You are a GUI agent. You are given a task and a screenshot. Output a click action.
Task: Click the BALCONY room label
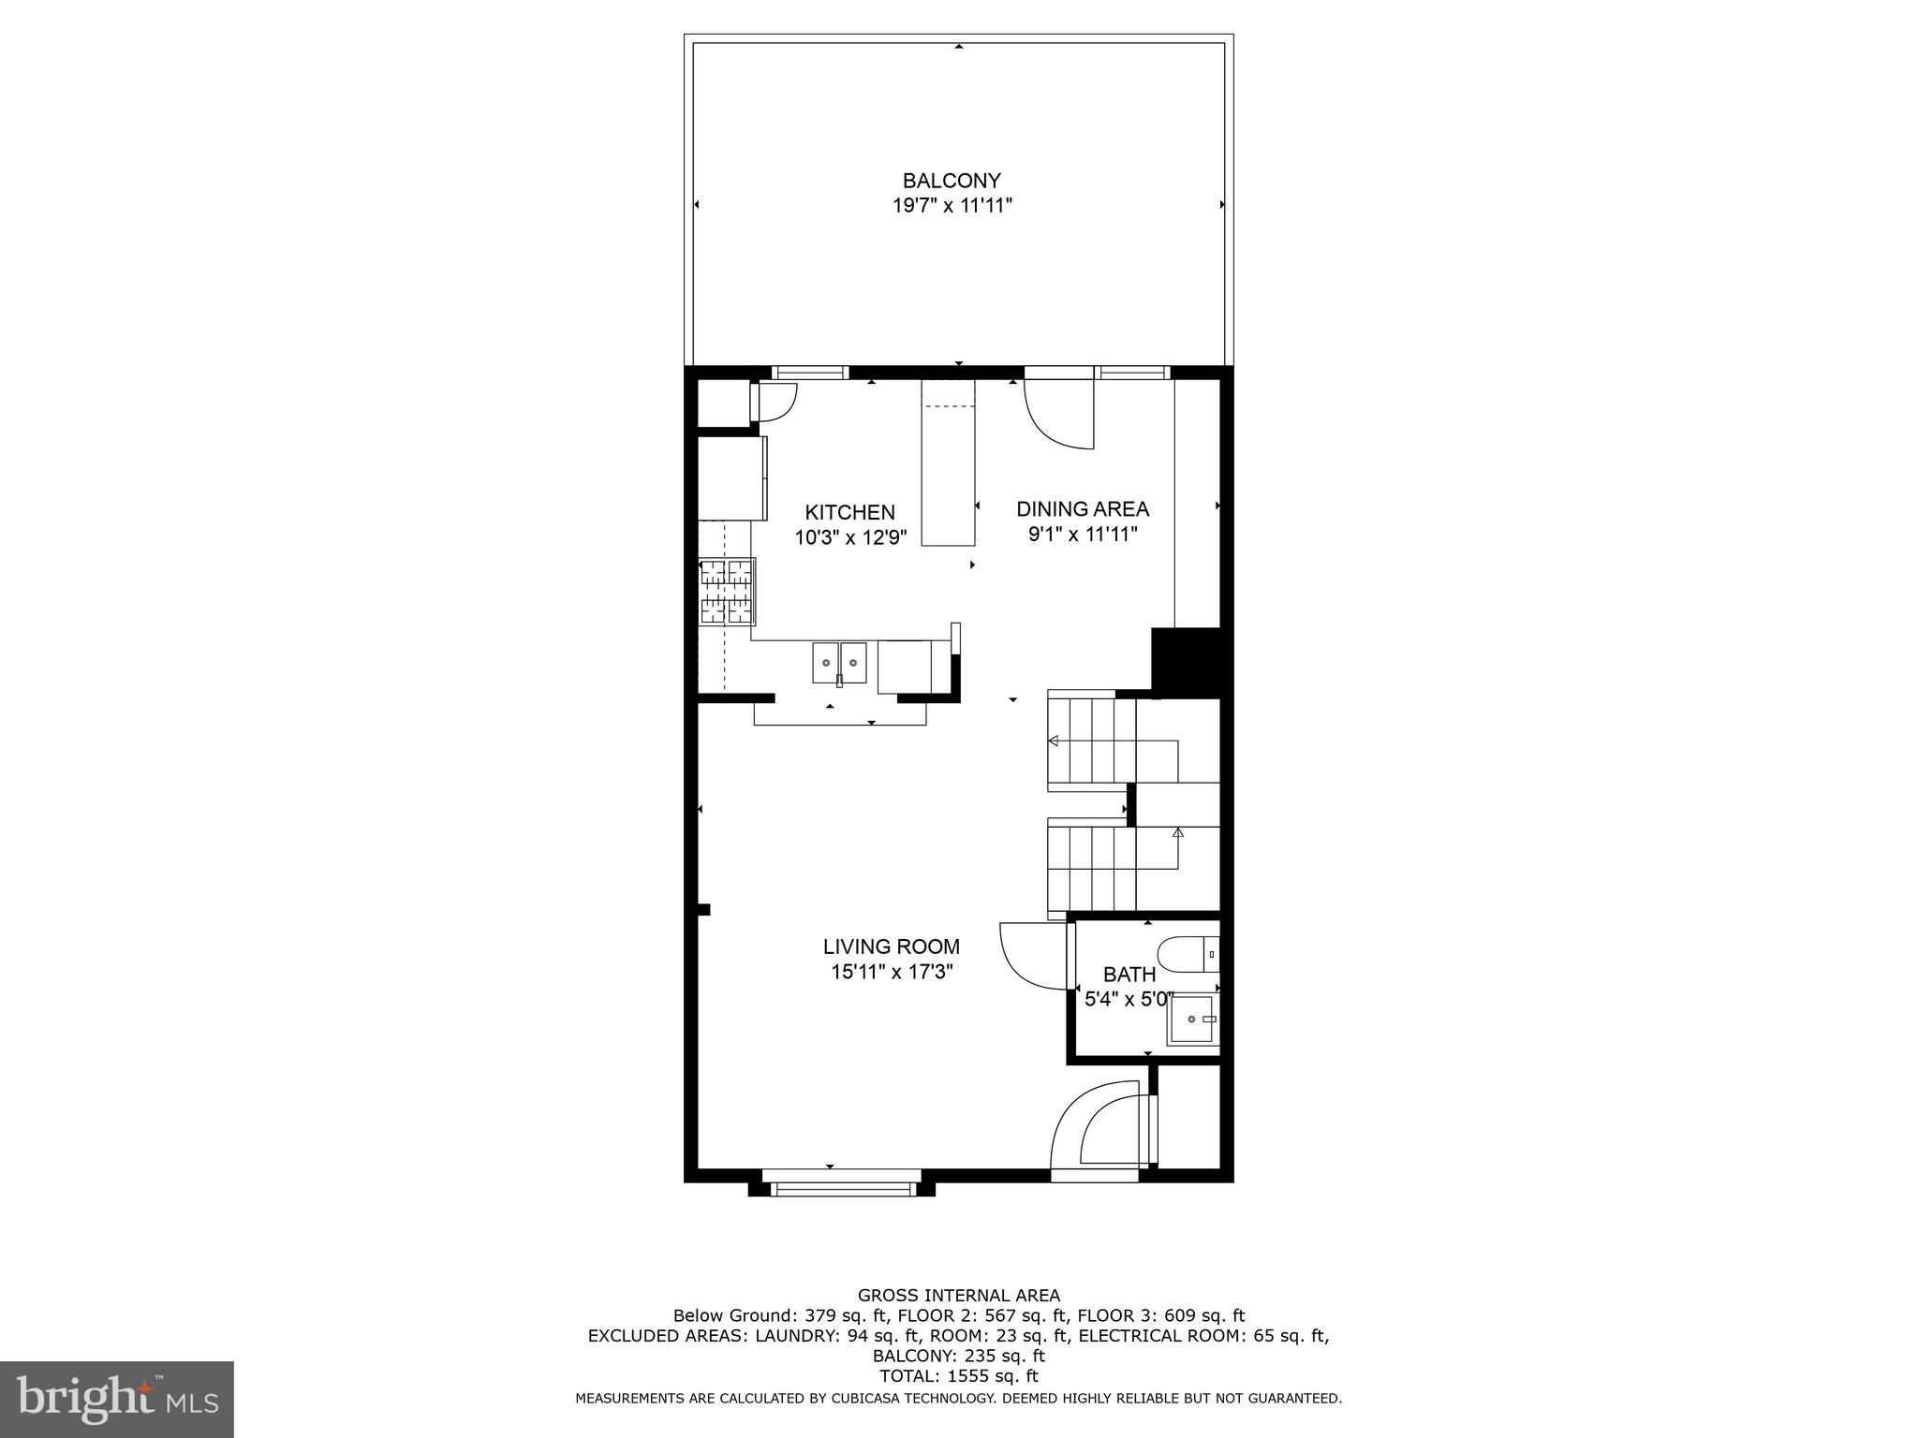[x=952, y=181]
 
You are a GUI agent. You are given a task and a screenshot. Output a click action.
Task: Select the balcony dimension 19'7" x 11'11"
[x=952, y=206]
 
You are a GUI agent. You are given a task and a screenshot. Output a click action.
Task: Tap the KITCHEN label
[x=850, y=512]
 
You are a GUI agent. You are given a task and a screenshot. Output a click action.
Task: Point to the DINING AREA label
[x=1083, y=509]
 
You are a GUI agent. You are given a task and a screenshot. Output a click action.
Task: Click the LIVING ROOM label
[x=892, y=946]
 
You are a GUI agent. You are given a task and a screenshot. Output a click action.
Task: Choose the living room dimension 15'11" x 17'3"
[x=892, y=972]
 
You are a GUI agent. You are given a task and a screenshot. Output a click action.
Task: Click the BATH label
[x=1129, y=975]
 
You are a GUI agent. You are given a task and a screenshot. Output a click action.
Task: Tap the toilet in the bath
[x=1188, y=956]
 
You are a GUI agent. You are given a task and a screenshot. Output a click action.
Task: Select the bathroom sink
[x=1192, y=1020]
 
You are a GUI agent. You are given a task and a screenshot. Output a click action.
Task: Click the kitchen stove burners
[x=728, y=591]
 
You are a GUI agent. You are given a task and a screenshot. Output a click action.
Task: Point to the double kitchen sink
[x=839, y=663]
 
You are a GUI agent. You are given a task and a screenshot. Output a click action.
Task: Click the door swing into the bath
[x=1034, y=956]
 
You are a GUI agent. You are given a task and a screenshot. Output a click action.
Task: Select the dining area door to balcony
[x=1059, y=412]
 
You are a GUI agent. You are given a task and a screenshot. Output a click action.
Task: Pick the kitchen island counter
[x=948, y=462]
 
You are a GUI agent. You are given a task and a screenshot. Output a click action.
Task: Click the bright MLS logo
[x=116, y=1400]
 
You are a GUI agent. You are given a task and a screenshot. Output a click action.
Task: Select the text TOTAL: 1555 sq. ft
[x=958, y=1376]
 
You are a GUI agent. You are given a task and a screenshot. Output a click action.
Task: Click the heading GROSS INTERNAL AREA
[x=958, y=1296]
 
